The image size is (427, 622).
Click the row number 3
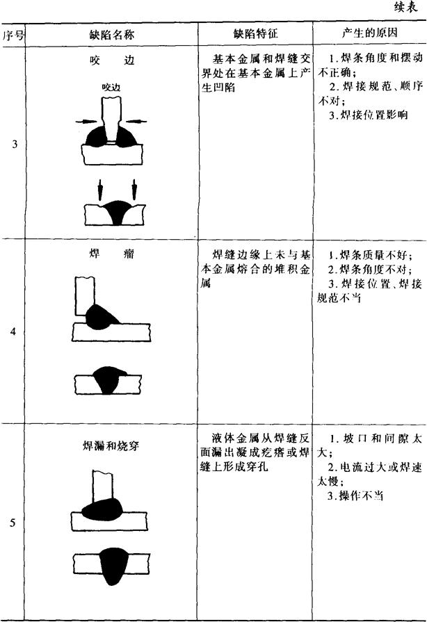pyautogui.click(x=15, y=145)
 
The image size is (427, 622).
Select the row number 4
pyautogui.click(x=14, y=331)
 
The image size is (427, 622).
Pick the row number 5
pyautogui.click(x=14, y=523)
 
